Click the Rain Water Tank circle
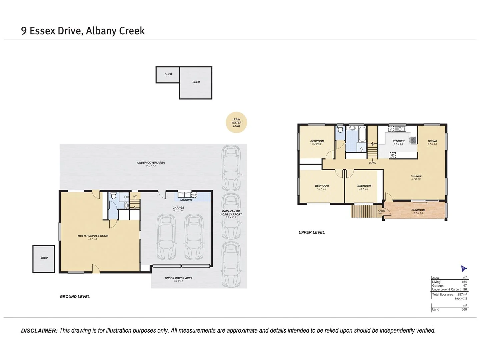pyautogui.click(x=236, y=123)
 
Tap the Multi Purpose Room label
pyautogui.click(x=93, y=236)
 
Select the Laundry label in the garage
pyautogui.click(x=186, y=200)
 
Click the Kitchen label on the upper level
pyautogui.click(x=398, y=141)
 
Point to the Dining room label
pyautogui.click(x=432, y=141)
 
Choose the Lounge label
pyautogui.click(x=416, y=176)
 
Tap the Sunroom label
pyautogui.click(x=418, y=210)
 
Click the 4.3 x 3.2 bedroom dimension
pyautogui.click(x=322, y=189)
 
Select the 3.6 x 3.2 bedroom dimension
pyautogui.click(x=364, y=189)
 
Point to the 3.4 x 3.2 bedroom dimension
pyautogui.click(x=317, y=144)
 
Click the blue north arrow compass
pyautogui.click(x=463, y=268)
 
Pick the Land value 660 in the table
pyautogui.click(x=464, y=309)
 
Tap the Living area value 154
pyautogui.click(x=464, y=282)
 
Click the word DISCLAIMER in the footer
pyautogui.click(x=39, y=331)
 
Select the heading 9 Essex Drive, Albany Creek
pyautogui.click(x=83, y=31)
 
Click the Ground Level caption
pyautogui.click(x=75, y=297)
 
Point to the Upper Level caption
pyautogui.click(x=311, y=232)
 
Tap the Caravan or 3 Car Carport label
pyautogui.click(x=231, y=213)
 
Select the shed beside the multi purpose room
pyautogui.click(x=44, y=259)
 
